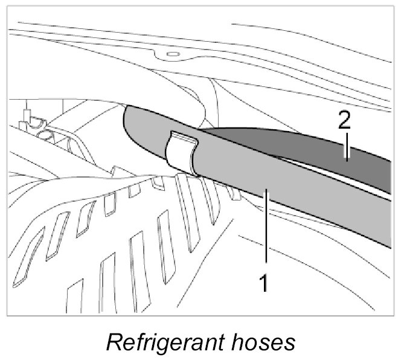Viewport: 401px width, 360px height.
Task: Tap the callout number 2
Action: (344, 122)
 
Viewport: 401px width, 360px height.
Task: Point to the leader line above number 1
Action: (263, 230)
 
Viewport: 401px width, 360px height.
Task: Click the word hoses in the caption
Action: (263, 342)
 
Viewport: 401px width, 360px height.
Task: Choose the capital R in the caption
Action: (113, 342)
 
